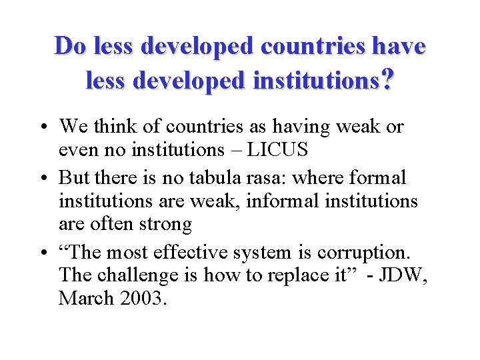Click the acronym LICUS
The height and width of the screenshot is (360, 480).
(x=277, y=149)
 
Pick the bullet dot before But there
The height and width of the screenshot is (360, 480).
(x=42, y=179)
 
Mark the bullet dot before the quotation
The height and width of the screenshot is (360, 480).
(x=42, y=253)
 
